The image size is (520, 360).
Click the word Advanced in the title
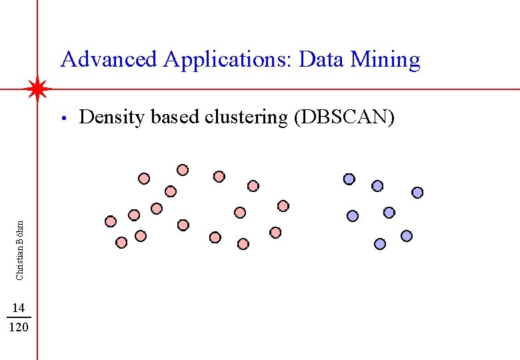109,60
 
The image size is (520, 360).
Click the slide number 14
19,307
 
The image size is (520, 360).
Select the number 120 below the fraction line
19,327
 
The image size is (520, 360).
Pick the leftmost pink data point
111,221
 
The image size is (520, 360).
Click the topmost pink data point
182,170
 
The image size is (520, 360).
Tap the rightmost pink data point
283,205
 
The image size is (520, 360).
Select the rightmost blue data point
417,193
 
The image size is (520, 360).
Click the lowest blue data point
380,244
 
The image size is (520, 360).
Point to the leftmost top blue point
349,179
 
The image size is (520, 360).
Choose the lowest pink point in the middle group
243,244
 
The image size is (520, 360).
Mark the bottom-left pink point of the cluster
121,243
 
